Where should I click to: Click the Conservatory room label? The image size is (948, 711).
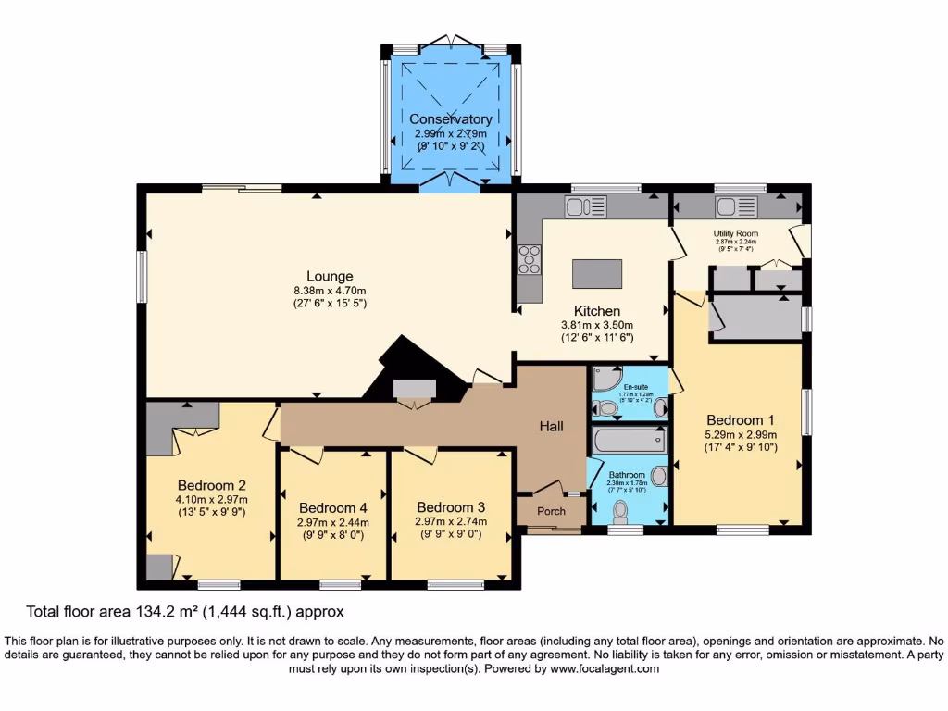pyautogui.click(x=451, y=119)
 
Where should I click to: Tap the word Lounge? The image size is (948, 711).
pyautogui.click(x=331, y=276)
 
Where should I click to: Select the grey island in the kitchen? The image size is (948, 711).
pyautogui.click(x=597, y=274)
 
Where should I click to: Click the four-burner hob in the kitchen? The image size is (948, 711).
pyautogui.click(x=530, y=259)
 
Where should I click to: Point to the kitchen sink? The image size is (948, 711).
pyautogui.click(x=585, y=206)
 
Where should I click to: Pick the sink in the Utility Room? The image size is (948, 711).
pyautogui.click(x=737, y=206)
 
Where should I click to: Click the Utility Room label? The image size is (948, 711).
pyautogui.click(x=736, y=233)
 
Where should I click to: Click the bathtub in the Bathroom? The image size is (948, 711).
pyautogui.click(x=629, y=441)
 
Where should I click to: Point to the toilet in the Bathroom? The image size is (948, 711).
pyautogui.click(x=620, y=510)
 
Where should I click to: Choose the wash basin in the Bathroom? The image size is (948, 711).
pyautogui.click(x=658, y=476)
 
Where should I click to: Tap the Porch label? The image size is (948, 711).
pyautogui.click(x=552, y=511)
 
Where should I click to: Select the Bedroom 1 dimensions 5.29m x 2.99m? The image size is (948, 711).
pyautogui.click(x=741, y=434)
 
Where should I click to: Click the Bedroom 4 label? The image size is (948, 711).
pyautogui.click(x=333, y=507)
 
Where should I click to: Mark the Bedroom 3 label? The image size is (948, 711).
pyautogui.click(x=451, y=507)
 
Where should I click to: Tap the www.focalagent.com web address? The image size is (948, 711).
pyautogui.click(x=605, y=668)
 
